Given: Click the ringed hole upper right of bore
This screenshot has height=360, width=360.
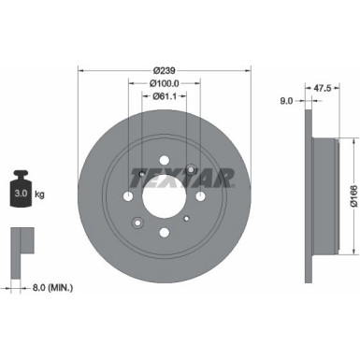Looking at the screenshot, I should [x=191, y=169].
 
